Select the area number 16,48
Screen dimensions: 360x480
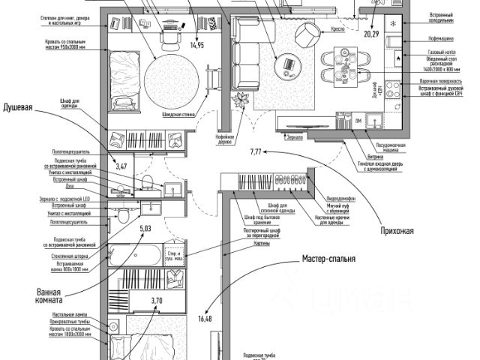point(205,319)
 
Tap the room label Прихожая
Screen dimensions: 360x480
point(395,230)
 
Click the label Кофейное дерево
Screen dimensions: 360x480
point(226,141)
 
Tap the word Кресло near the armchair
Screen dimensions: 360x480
point(337,29)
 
